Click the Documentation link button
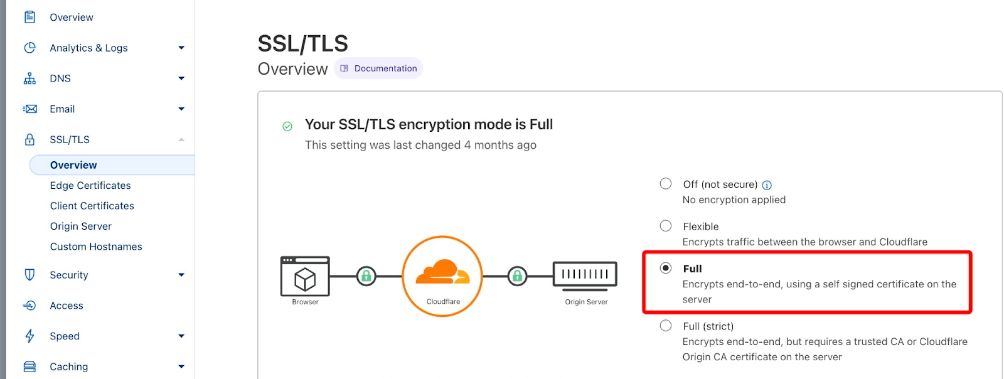coord(378,68)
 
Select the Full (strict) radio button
coord(666,326)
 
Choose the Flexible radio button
coord(666,226)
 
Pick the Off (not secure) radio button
coord(666,184)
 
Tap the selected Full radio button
coord(666,268)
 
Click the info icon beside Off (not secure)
coord(767,185)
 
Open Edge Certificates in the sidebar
coord(90,186)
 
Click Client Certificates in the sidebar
coord(92,206)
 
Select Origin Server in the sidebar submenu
coord(81,227)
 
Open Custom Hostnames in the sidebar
coord(96,247)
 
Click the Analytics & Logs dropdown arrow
coord(181,48)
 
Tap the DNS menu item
coord(60,78)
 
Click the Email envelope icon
coord(29,109)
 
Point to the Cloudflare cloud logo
coord(442,272)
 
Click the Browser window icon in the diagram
coord(305,276)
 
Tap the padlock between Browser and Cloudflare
coord(366,275)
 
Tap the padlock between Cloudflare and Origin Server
coord(517,275)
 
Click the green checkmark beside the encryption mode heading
coord(287,126)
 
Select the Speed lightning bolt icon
coord(29,336)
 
